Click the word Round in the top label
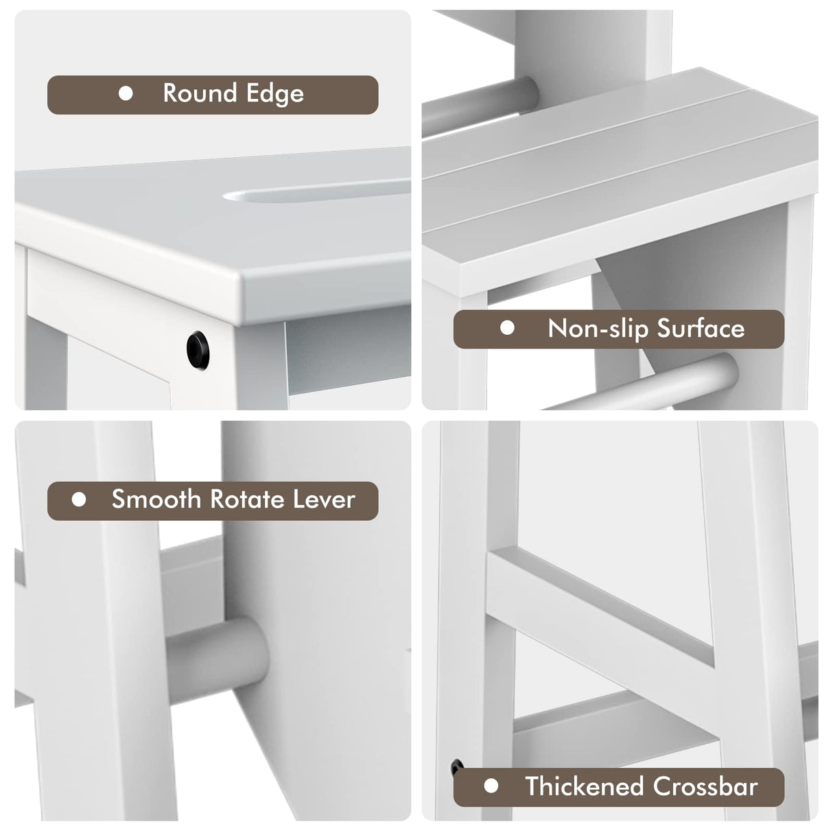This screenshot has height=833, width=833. coord(196,93)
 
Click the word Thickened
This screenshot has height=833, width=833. coord(585,786)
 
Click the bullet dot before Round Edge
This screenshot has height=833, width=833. coord(126,93)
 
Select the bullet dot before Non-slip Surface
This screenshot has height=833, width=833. coord(507,328)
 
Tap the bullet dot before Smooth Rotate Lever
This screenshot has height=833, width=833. coord(79,499)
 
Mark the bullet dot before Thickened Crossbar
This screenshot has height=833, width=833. coord(491,786)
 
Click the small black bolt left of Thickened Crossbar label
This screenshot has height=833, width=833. coord(456,766)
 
